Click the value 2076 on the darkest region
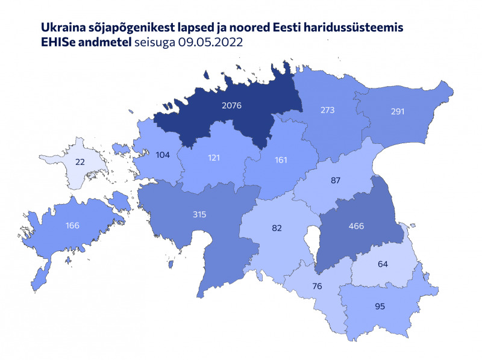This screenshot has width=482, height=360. (231, 105)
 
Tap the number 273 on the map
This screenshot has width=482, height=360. (327, 110)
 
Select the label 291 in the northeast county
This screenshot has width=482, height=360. (397, 111)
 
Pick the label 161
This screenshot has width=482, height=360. (281, 161)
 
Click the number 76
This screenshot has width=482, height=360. (318, 286)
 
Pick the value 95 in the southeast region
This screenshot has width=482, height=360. (380, 306)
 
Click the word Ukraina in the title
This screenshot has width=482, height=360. (60, 28)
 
